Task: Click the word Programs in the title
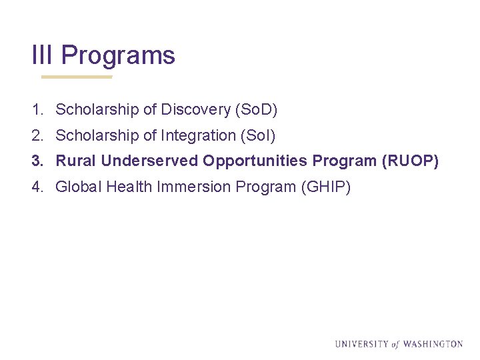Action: pyautogui.click(x=118, y=55)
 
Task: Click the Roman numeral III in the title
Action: pyautogui.click(x=43, y=55)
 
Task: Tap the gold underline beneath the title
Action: pyautogui.click(x=77, y=77)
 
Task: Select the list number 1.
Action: pyautogui.click(x=37, y=109)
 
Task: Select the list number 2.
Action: pyautogui.click(x=37, y=136)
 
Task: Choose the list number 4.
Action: pyautogui.click(x=37, y=187)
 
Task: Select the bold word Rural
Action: pyautogui.click(x=76, y=161)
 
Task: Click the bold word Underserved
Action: pyautogui.click(x=150, y=161)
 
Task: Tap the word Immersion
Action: pyautogui.click(x=194, y=187)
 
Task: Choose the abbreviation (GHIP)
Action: pyautogui.click(x=326, y=187)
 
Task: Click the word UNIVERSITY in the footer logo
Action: pyautogui.click(x=361, y=344)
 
